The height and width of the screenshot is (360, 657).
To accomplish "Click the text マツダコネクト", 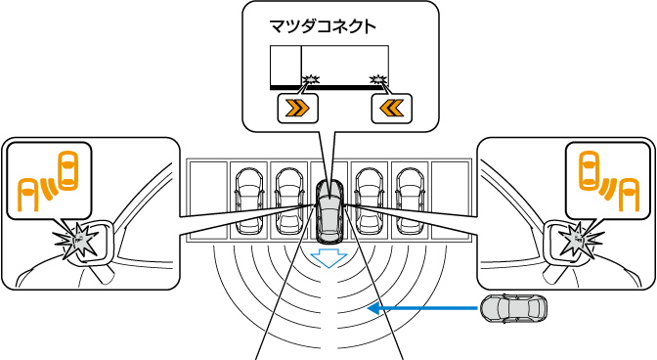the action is pos(323,26).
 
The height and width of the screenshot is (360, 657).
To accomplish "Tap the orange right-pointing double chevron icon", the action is pos(297,109).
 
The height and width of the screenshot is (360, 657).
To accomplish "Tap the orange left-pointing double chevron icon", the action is pos(391,109).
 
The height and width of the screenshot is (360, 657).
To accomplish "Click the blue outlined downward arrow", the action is pos(329,257).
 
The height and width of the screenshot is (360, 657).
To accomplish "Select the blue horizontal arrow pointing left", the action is pos(422,309).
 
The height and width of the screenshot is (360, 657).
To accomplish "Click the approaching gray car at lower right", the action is pos(513,309).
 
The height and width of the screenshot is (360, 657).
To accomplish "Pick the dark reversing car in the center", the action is pos(329,210).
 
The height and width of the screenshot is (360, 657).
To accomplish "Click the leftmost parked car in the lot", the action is pos(249,201).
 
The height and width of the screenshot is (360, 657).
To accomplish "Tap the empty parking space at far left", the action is pos(208,201).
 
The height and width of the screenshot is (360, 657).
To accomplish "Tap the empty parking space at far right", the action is pos(451,201).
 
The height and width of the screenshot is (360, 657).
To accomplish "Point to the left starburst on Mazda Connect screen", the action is pos(311,79).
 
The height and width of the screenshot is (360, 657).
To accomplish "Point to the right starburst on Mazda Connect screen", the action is pos(378,79).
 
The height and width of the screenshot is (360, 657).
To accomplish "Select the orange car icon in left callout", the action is pos(68,171).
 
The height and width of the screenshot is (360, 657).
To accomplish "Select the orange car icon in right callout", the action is pos(589,171).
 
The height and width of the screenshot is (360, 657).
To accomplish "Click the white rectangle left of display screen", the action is pos(285,66).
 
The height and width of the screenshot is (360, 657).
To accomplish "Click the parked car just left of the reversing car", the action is pos(289,201).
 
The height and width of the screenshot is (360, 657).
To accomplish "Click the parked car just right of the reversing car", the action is pos(371,201).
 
